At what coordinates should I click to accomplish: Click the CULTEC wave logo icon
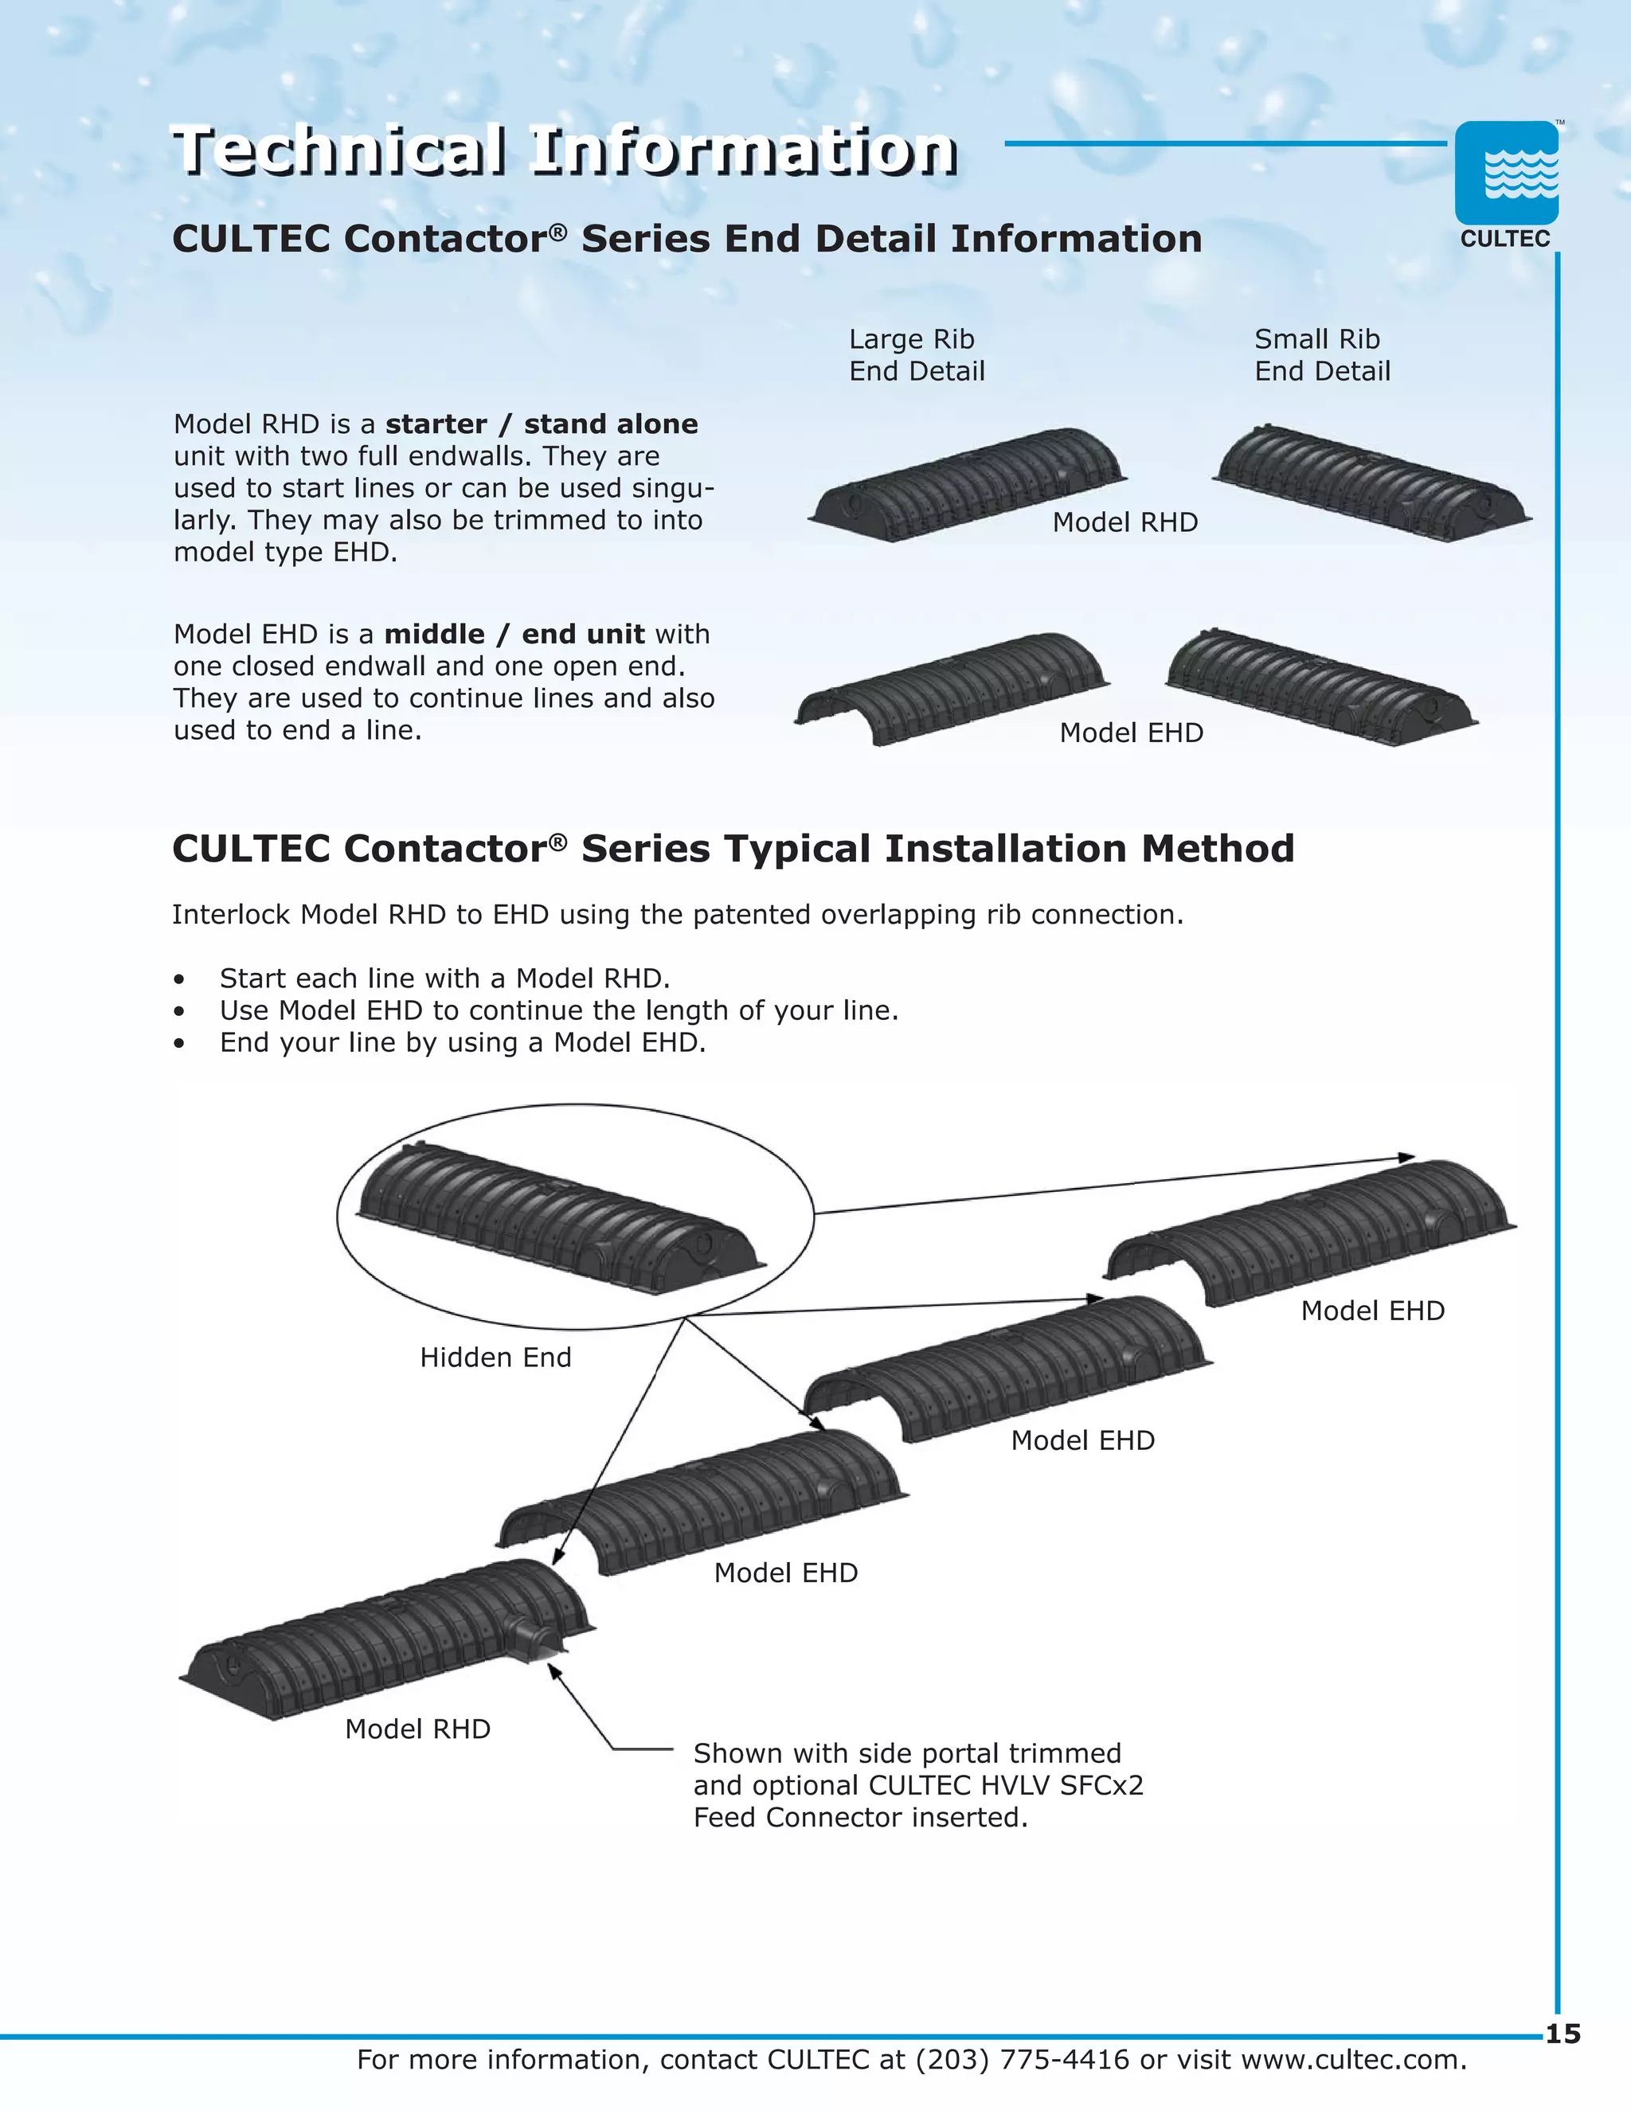[x=1506, y=174]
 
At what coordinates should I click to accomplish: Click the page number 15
[x=1563, y=2034]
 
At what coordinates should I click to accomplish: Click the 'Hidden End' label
[x=495, y=1358]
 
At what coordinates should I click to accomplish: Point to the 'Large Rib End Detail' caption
[x=916, y=354]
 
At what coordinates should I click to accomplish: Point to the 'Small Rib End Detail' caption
[x=1322, y=354]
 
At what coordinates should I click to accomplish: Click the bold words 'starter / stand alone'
[x=541, y=424]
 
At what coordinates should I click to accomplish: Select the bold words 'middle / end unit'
[x=514, y=634]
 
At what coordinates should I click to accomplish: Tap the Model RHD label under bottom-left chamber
[x=417, y=1729]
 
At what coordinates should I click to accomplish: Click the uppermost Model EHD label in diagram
[x=1372, y=1311]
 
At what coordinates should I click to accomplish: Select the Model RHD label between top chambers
[x=1124, y=522]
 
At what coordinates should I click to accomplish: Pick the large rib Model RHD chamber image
[x=966, y=483]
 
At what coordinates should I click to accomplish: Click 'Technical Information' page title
[x=565, y=150]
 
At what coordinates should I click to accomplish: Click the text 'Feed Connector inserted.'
[x=860, y=1817]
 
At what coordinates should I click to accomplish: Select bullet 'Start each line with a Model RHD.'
[x=444, y=979]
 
